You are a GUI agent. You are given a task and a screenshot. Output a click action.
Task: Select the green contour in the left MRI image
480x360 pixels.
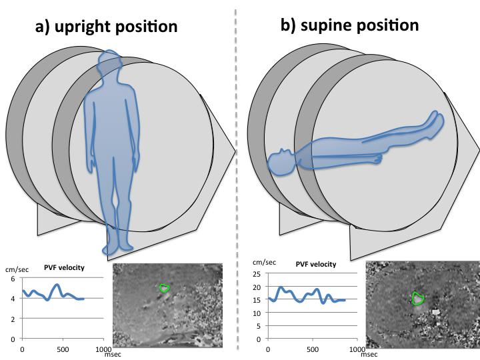(165, 287)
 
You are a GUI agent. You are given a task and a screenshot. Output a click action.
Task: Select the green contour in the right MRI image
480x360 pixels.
(418, 298)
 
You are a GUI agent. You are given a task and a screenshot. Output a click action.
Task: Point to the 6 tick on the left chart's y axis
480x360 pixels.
(13, 279)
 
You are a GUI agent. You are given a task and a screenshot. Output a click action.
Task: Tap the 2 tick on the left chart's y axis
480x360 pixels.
(13, 319)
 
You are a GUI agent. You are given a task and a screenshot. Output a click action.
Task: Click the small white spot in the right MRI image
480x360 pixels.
(435, 311)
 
